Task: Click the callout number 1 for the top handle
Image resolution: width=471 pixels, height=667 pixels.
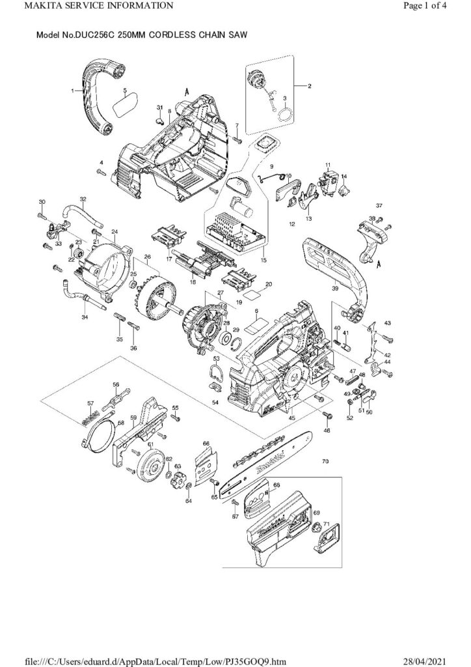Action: click(73, 92)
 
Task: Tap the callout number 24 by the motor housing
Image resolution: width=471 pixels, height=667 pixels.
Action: click(114, 231)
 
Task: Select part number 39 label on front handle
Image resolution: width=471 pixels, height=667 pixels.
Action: click(335, 287)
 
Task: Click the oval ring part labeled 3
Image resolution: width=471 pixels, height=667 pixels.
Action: click(284, 116)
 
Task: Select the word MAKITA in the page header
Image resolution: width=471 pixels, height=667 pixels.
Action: click(24, 7)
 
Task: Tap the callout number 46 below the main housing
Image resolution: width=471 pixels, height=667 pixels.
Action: click(327, 431)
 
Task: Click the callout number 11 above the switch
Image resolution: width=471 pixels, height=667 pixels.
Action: click(328, 164)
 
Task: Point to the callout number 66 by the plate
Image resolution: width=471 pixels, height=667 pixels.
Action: click(206, 444)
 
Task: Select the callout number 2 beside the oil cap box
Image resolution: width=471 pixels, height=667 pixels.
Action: click(310, 86)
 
